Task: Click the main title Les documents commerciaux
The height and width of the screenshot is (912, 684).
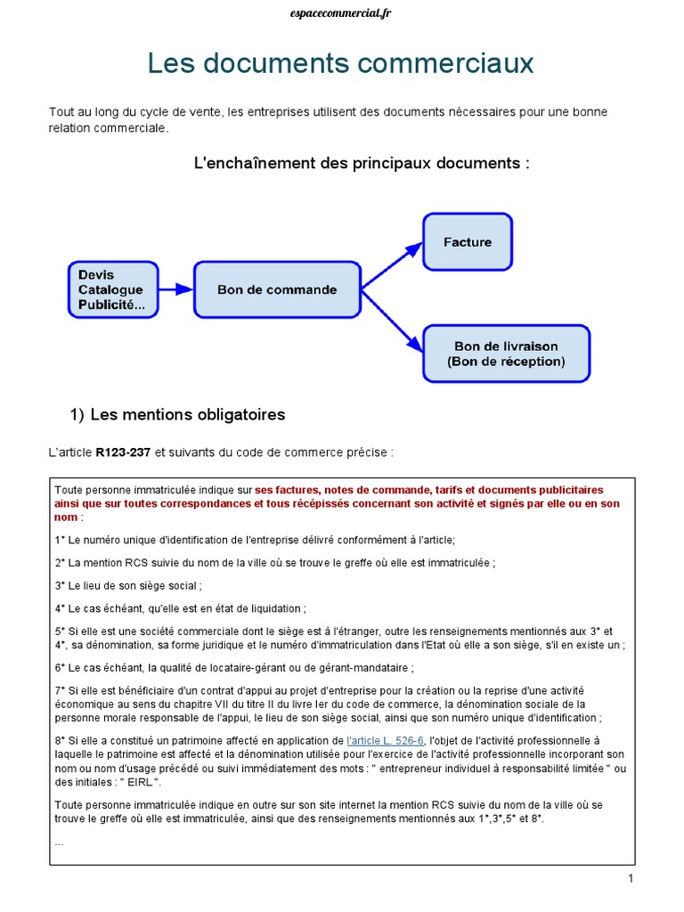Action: pos(341,63)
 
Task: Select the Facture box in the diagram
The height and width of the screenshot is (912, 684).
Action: pos(468,241)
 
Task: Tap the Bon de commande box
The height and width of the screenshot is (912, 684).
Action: pos(277,289)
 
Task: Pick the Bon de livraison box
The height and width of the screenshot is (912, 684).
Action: pos(506,354)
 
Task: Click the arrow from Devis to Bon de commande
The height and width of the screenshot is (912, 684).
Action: pos(175,289)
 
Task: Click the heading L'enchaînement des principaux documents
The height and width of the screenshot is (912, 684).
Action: pos(362,163)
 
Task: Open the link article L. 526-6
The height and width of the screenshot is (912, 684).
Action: pos(387,740)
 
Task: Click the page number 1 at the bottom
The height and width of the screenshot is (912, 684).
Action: pos(630,879)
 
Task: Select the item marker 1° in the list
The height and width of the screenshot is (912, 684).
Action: pos(60,540)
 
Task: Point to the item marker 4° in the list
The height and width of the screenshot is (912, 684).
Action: pos(60,608)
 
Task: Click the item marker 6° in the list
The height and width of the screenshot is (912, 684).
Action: pos(60,667)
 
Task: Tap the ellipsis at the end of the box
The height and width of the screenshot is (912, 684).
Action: pos(59,842)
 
